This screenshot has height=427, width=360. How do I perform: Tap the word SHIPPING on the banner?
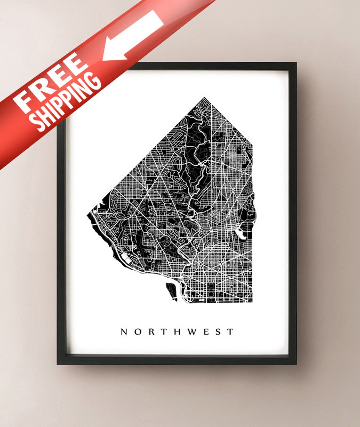click(x=67, y=102)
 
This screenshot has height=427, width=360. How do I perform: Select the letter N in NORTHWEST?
click(x=124, y=332)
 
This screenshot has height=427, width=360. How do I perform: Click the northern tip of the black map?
click(x=204, y=98)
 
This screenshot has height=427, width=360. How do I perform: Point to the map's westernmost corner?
click(x=88, y=215)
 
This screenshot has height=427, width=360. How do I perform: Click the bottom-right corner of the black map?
click(x=252, y=302)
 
